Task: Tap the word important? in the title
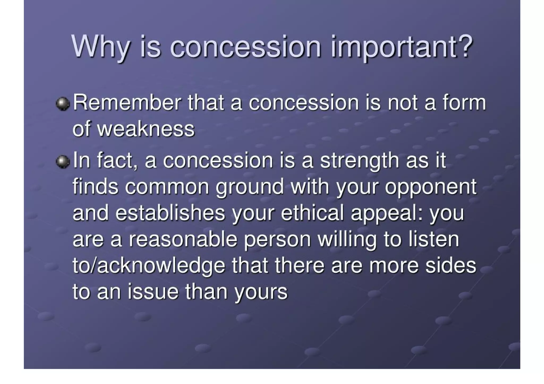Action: click(401, 47)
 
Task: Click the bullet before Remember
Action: click(63, 104)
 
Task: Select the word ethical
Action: click(312, 213)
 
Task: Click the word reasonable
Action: click(183, 239)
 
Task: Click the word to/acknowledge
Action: click(149, 266)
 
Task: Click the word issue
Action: click(153, 291)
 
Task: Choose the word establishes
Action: click(170, 213)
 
